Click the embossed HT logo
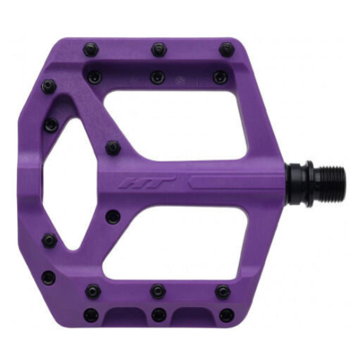(147, 183)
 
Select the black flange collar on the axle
(309, 184)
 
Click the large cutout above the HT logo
(176, 125)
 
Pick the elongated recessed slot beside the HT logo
(235, 182)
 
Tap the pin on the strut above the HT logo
(113, 148)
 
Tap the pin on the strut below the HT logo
(113, 217)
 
